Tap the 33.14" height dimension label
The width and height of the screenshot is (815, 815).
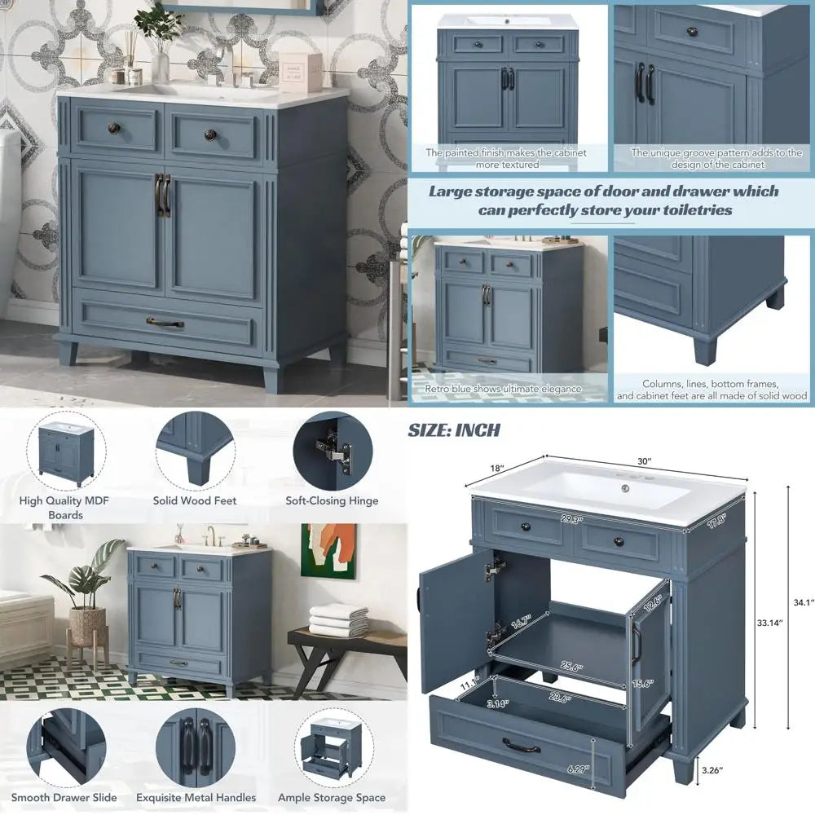coord(769,623)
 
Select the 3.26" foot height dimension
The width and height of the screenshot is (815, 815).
coord(712,770)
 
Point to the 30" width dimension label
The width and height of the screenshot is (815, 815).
coord(645,461)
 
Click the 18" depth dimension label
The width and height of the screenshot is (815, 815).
coord(497,468)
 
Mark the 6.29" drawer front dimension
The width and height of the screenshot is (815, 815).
coord(578,769)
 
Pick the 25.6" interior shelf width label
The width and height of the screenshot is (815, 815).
coord(571,667)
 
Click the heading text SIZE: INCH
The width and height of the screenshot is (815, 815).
coord(454,430)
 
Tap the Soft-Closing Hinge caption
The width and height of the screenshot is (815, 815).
coord(332,501)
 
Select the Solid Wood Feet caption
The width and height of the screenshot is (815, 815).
coord(195,501)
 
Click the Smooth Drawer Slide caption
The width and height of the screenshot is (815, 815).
coord(64,797)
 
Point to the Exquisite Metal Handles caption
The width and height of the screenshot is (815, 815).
coord(196,797)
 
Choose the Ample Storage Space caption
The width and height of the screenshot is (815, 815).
coord(332,798)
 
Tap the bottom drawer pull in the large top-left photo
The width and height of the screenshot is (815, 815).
coord(165,324)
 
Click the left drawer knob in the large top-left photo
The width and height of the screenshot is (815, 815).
coord(114,129)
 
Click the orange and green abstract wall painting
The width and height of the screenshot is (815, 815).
coord(329,552)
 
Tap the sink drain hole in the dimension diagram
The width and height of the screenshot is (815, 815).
coord(626,488)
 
